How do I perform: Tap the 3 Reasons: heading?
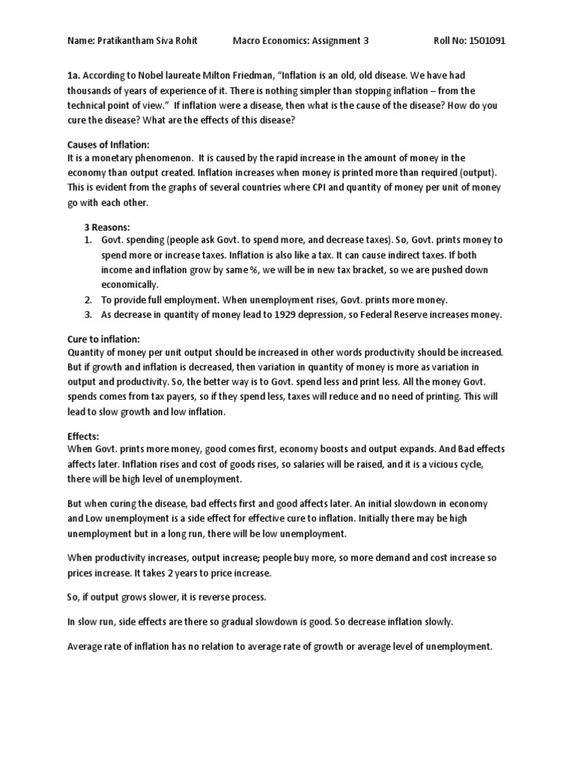pos(106,226)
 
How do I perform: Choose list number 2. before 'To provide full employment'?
pos(87,300)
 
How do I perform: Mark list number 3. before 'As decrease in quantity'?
pos(87,314)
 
